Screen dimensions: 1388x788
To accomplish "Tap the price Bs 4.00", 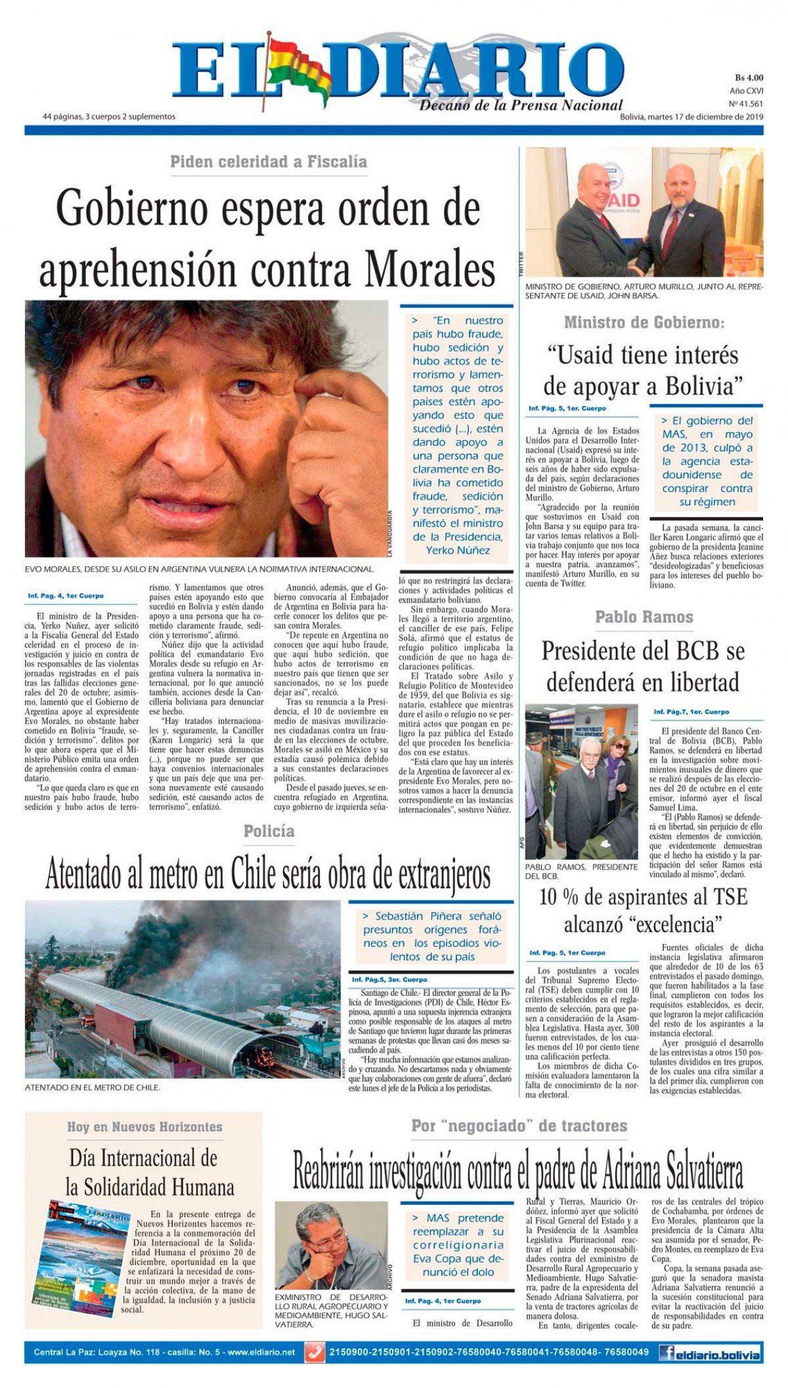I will click(x=749, y=78).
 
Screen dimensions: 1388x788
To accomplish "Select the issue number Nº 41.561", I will click(x=746, y=104).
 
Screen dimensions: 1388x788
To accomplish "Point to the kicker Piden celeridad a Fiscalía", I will click(x=268, y=162).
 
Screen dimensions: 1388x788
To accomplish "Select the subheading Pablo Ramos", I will click(x=644, y=617).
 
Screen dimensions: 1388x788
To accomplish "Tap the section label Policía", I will click(x=269, y=831).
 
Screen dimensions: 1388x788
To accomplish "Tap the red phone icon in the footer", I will click(x=315, y=1353).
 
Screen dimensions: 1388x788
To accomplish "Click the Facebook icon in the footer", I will click(x=666, y=1353).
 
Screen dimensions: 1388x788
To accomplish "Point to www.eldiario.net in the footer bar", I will click(x=262, y=1353).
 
